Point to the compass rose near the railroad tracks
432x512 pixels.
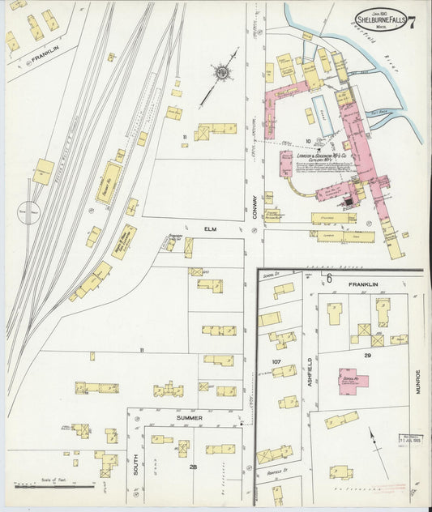[220, 73]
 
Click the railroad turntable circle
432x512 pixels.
[28, 213]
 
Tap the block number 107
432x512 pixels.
[276, 361]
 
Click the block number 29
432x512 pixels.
[367, 356]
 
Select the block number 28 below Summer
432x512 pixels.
[193, 468]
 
